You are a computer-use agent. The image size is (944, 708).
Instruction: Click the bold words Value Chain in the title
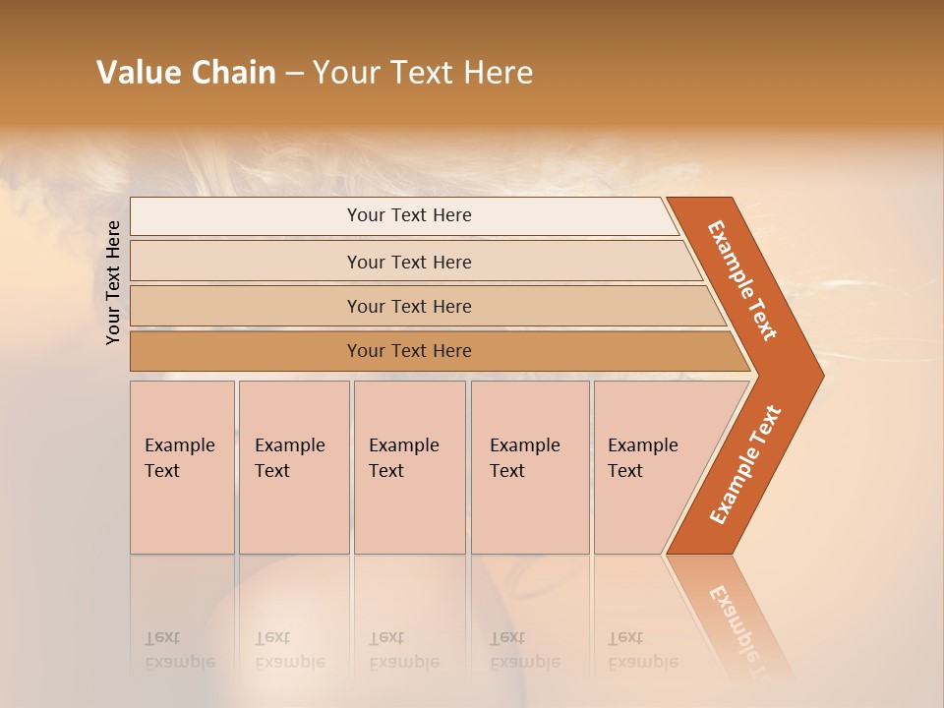click(x=186, y=73)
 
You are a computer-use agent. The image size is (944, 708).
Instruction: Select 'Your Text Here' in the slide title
click(x=423, y=73)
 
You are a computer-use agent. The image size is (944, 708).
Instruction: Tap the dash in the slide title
click(x=294, y=74)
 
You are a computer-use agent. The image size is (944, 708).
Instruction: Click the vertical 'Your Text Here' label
click(x=113, y=282)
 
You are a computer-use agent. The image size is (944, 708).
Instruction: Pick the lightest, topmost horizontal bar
click(x=403, y=215)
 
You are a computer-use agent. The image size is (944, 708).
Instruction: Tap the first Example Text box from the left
click(x=182, y=467)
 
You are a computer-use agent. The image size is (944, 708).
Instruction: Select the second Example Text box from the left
click(x=294, y=467)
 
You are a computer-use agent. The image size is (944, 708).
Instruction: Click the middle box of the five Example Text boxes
click(x=409, y=467)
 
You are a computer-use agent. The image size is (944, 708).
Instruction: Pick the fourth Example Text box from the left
click(x=530, y=467)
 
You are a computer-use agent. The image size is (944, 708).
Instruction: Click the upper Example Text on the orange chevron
click(x=742, y=280)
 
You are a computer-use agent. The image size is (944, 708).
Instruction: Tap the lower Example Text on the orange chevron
click(x=745, y=464)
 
